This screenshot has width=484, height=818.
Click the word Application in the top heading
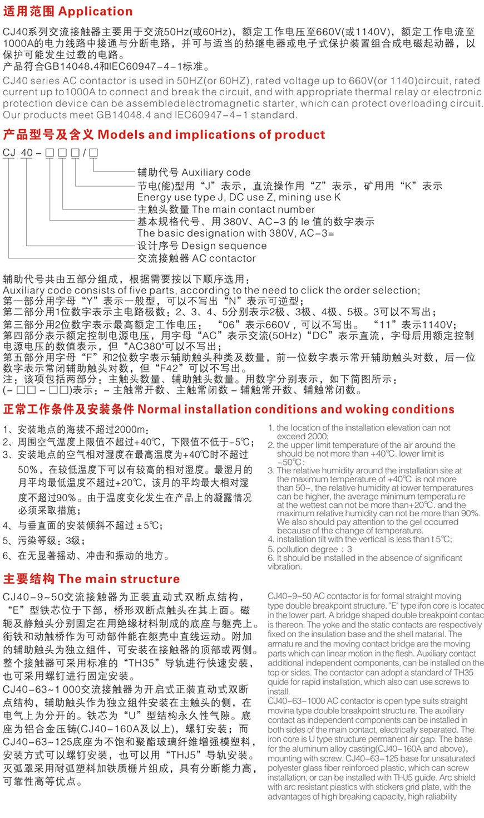click(96, 11)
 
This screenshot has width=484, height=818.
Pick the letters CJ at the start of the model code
click(9, 153)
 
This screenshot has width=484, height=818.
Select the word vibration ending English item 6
click(284, 567)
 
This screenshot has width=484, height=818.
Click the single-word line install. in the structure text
click(279, 692)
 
